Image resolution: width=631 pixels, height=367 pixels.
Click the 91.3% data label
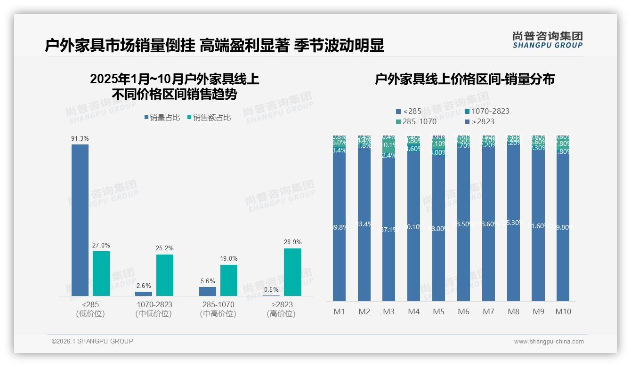(80, 139)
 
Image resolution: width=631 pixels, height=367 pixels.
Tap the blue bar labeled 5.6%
(208, 291)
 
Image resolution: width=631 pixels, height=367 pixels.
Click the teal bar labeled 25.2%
(165, 275)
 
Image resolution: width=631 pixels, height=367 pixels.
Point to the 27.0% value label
(101, 246)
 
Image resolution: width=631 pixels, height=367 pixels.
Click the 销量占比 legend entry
(162, 118)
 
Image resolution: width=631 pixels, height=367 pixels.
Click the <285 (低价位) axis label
(90, 309)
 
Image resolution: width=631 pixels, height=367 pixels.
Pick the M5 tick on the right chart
(438, 311)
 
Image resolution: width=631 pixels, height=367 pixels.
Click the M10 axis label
(563, 311)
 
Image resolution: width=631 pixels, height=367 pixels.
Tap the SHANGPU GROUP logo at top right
(547, 40)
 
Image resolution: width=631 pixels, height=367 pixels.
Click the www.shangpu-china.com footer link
(549, 342)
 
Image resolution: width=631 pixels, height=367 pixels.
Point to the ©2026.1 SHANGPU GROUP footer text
(92, 341)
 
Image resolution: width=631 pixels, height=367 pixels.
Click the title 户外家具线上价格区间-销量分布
(464, 79)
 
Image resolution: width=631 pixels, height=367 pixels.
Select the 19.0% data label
(229, 259)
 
